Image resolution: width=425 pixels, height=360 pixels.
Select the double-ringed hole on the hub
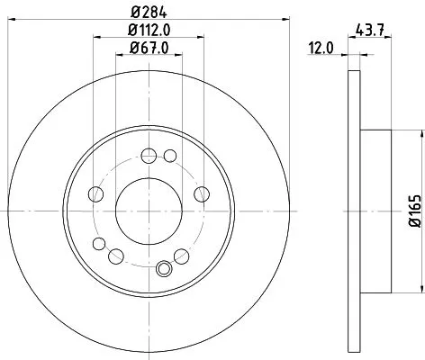pyautogui.click(x=165, y=267)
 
